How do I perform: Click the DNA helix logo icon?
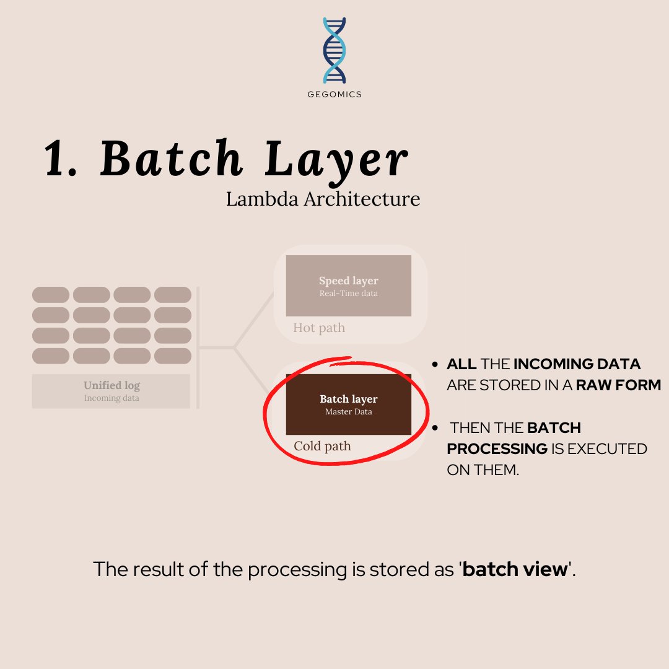tap(334, 51)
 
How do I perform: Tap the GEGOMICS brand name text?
tap(334, 95)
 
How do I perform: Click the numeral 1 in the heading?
tap(60, 160)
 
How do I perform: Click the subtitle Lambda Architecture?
tap(323, 199)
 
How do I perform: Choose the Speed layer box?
tap(349, 286)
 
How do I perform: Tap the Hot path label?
tap(319, 328)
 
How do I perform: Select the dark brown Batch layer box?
tap(349, 404)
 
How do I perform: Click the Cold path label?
tap(322, 446)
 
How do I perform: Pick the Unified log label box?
tap(111, 391)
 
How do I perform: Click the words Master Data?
tap(349, 412)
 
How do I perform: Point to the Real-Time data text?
tap(349, 294)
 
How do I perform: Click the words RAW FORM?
tap(618, 385)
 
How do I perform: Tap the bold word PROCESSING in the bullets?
tap(497, 448)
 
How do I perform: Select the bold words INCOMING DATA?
tap(577, 364)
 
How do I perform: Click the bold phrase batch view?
tap(515, 569)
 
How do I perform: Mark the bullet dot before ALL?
tap(436, 364)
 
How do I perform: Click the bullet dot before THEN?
tap(436, 428)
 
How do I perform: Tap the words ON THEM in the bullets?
tap(482, 470)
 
